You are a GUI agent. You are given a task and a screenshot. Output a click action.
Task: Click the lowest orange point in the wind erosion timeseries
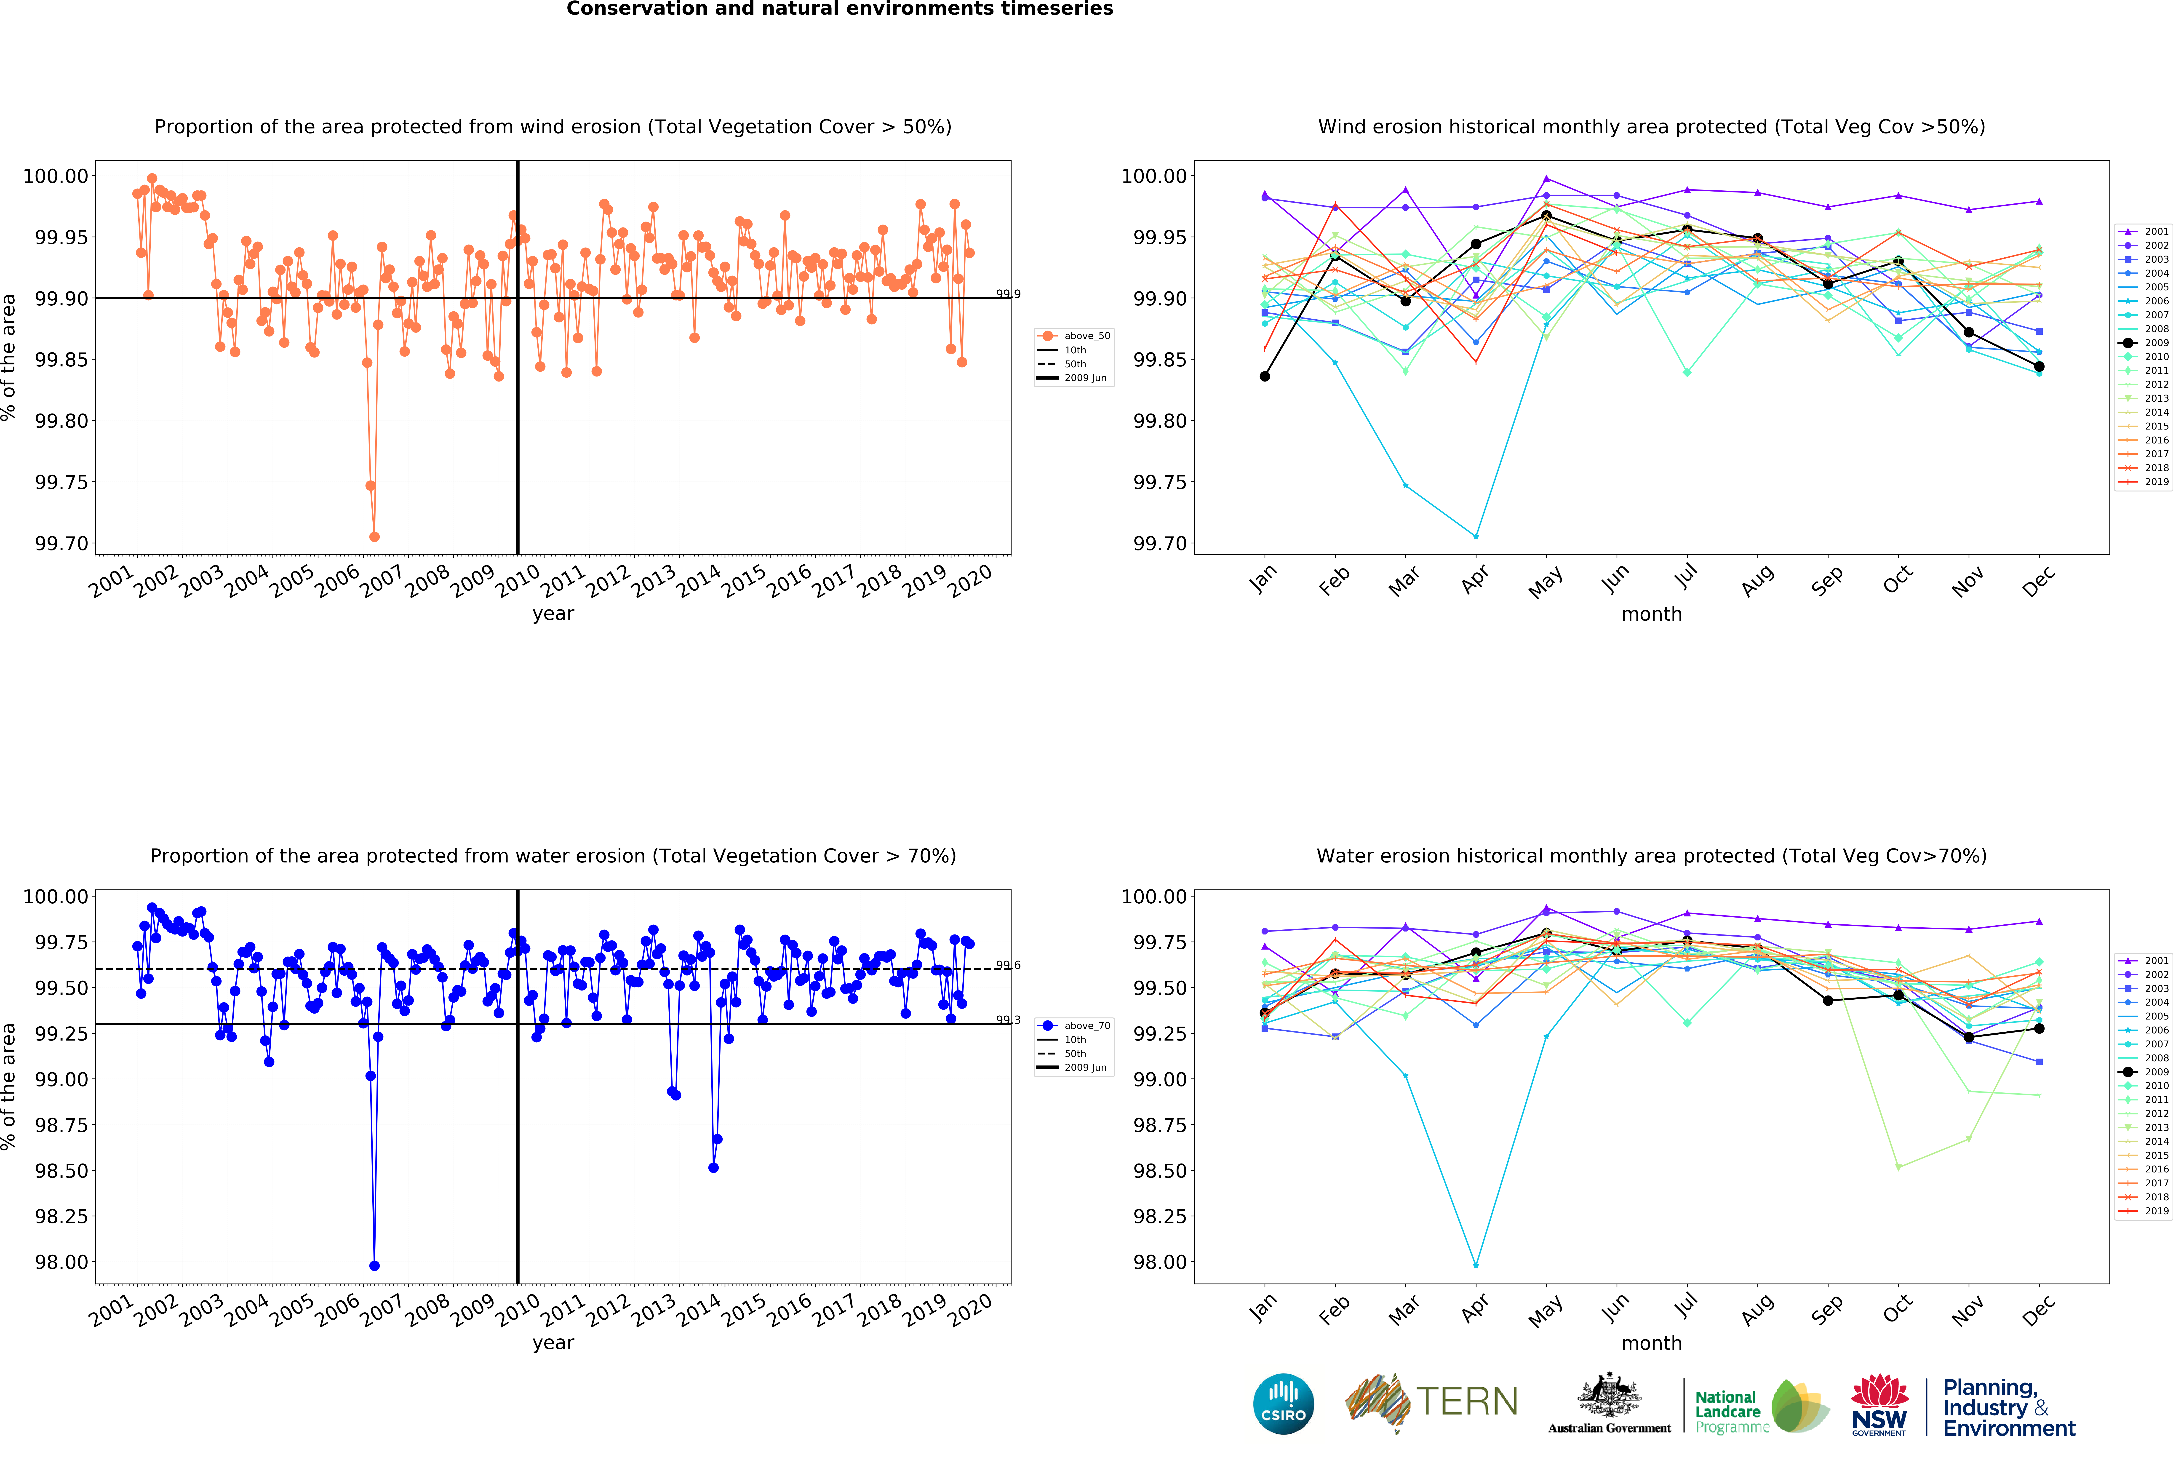coord(374,536)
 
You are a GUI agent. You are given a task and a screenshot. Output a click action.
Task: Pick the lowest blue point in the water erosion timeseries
coord(374,1265)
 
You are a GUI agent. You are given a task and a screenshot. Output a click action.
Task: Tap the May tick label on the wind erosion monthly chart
coord(1546,582)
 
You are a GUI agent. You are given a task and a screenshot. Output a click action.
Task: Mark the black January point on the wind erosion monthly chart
coord(1264,376)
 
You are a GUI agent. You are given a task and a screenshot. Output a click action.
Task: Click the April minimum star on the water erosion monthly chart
coord(1476,1265)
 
